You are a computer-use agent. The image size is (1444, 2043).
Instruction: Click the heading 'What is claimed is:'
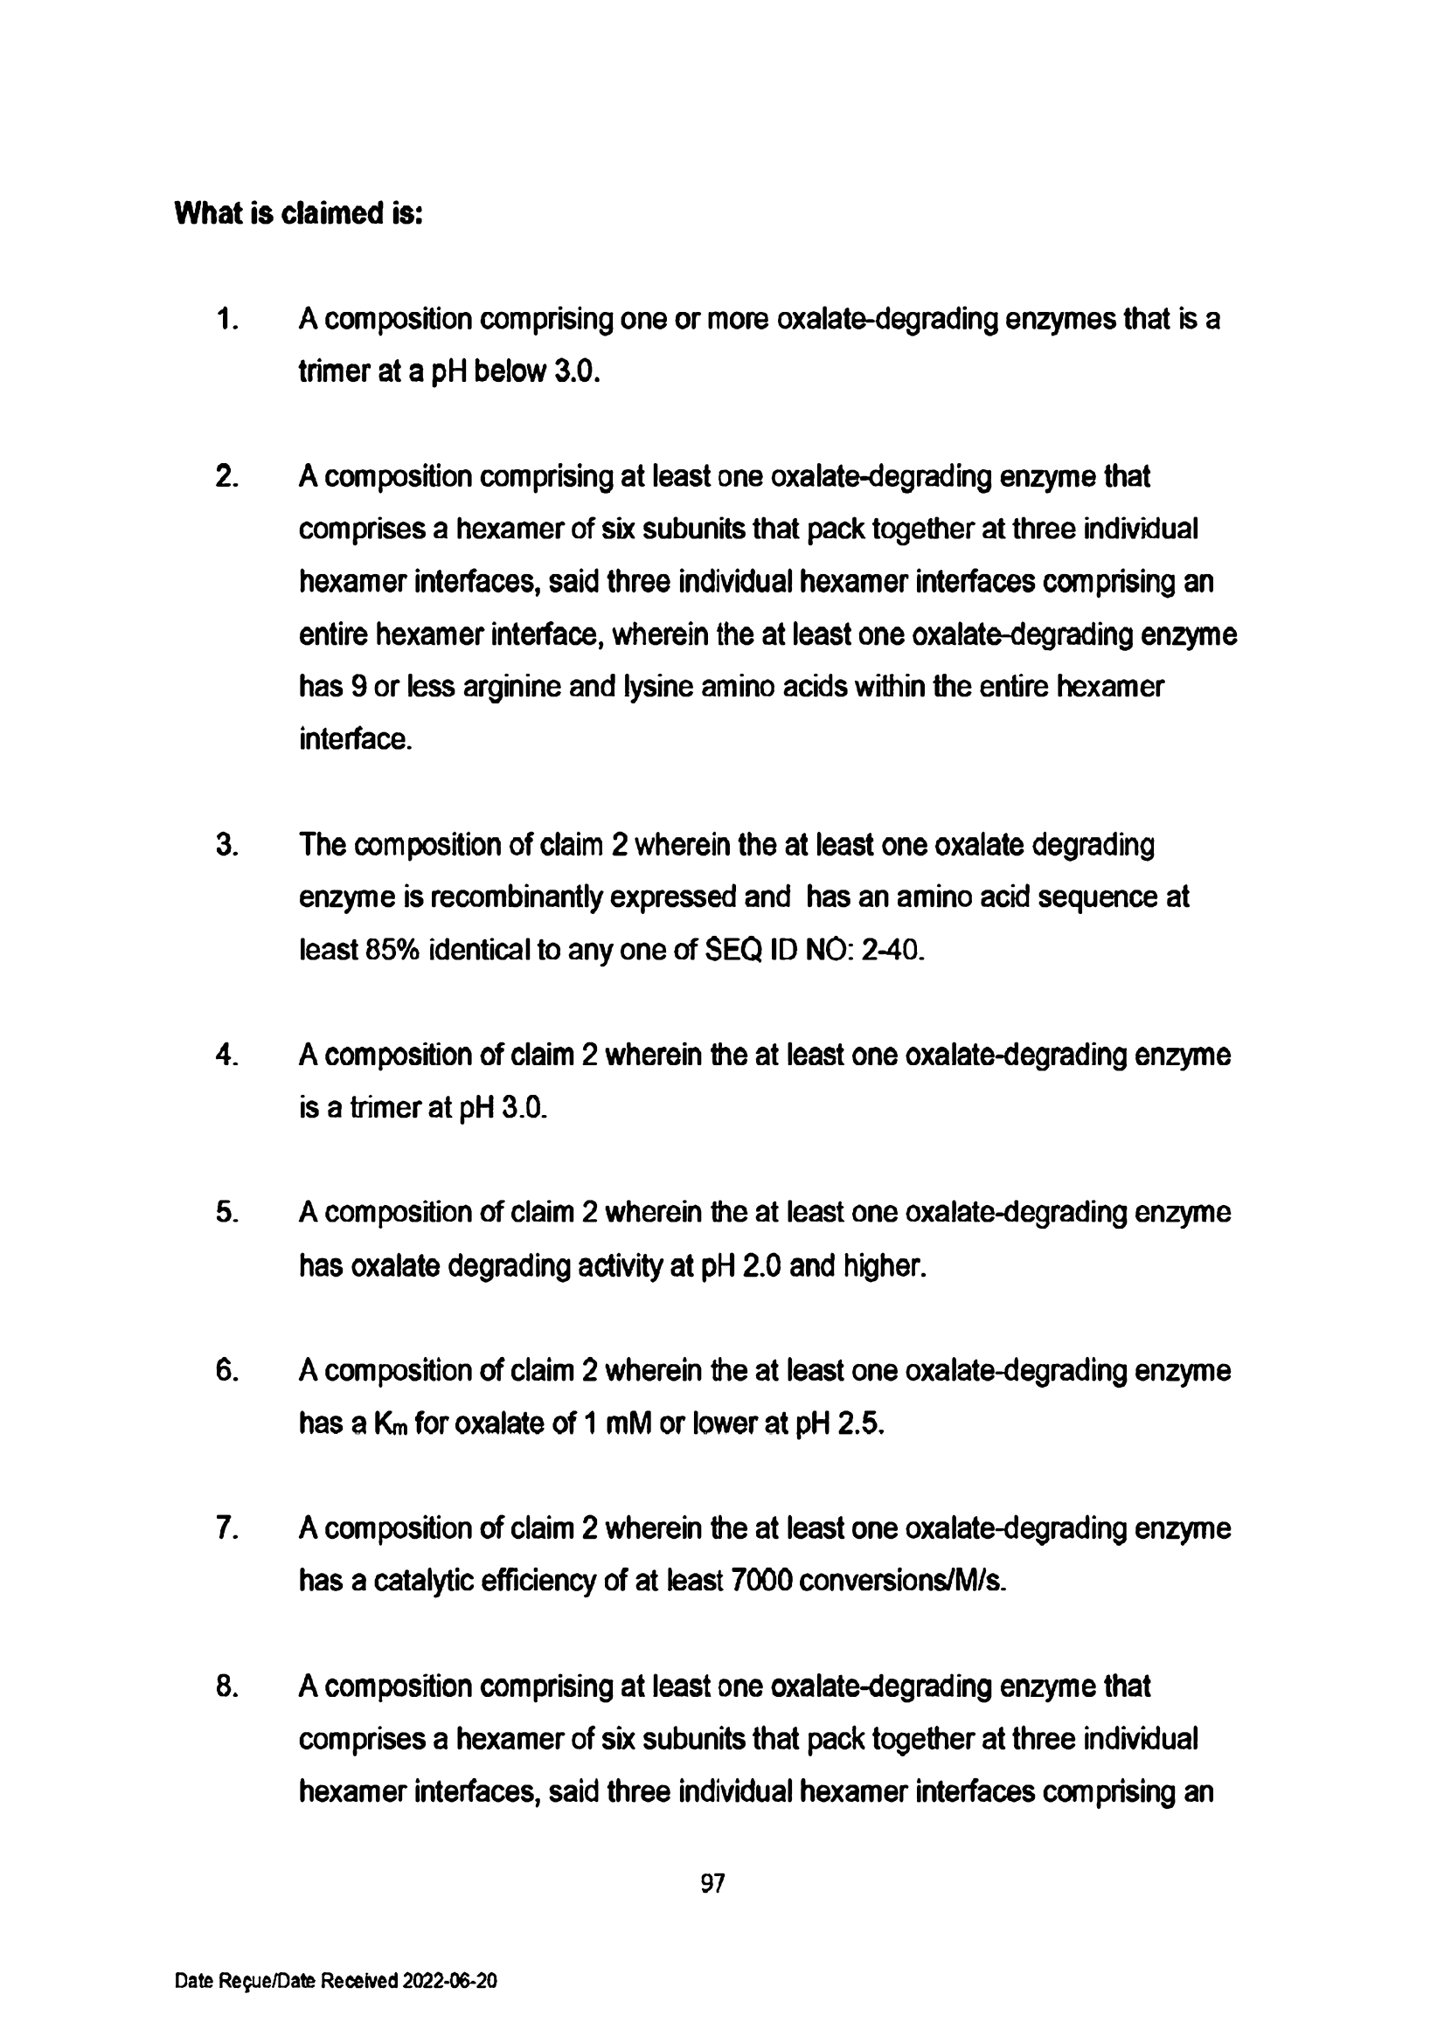pyautogui.click(x=298, y=213)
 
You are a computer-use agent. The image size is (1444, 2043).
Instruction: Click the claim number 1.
pyautogui.click(x=226, y=319)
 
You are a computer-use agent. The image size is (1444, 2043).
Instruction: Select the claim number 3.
pyautogui.click(x=226, y=844)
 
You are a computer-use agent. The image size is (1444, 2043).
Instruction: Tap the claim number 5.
pyautogui.click(x=226, y=1212)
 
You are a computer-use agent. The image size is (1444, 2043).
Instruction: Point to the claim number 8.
pyautogui.click(x=226, y=1686)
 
